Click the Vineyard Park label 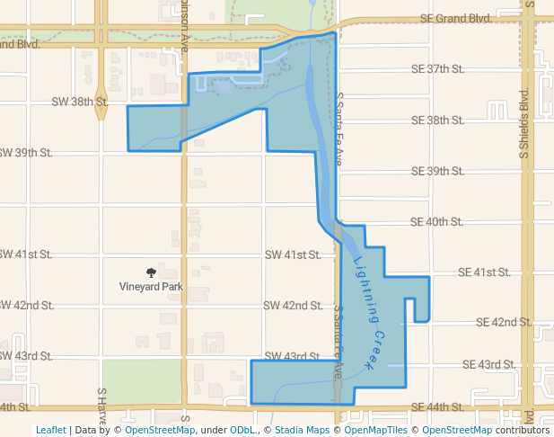tap(151, 287)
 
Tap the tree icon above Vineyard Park tap(151, 272)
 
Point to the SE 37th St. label tap(436, 69)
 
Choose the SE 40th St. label tap(436, 221)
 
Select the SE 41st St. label tap(484, 272)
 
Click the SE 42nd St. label tap(505, 322)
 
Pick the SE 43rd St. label tap(488, 364)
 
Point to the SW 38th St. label tap(80, 103)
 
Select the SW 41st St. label tap(293, 255)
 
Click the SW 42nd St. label tap(293, 306)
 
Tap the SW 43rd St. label tap(293, 356)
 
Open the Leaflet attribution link tap(51, 430)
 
